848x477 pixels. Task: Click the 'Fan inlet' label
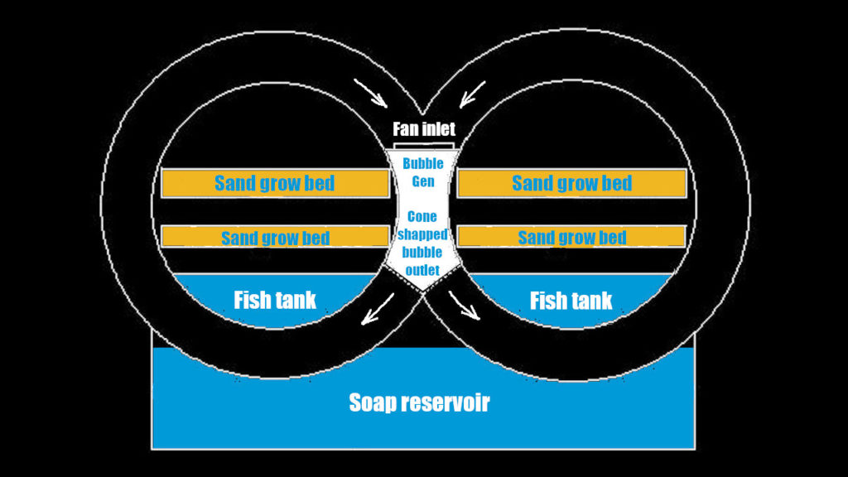point(424,130)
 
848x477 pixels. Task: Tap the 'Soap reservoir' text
point(419,403)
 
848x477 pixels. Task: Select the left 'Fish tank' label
point(275,299)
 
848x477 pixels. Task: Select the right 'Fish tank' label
point(571,299)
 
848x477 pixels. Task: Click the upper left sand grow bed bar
point(275,183)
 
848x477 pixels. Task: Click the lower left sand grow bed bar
point(275,237)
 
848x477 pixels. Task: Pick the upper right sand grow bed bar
point(571,183)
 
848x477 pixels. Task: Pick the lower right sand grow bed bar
point(571,237)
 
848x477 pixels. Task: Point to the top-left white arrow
point(370,94)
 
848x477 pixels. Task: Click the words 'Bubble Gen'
point(423,172)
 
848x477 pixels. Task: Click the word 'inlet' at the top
point(439,130)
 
